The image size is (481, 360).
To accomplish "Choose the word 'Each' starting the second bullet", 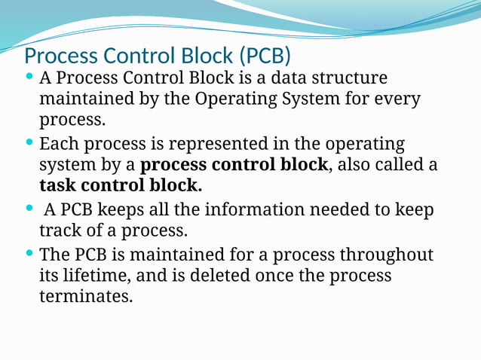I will [58, 143].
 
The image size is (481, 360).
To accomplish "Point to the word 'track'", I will [60, 230].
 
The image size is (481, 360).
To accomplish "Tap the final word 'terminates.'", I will [85, 297].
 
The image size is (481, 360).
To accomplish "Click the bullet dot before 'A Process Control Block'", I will [29, 77].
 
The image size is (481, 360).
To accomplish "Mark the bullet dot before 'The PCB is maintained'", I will [29, 254].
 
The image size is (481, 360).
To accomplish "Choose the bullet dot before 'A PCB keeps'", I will [29, 209].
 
